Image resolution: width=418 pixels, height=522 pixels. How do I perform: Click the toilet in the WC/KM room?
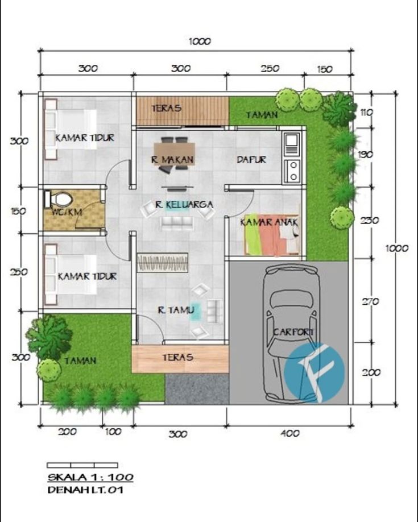point(59,200)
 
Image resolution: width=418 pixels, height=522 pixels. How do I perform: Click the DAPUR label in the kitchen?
point(251,160)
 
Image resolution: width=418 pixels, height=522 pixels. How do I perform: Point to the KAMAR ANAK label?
point(269,222)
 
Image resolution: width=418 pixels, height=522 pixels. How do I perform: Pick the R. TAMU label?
point(176,310)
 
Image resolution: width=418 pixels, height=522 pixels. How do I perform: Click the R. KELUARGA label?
point(184,204)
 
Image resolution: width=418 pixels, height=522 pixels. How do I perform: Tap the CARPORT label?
point(293,332)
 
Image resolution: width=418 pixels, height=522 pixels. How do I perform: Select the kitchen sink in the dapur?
point(291,144)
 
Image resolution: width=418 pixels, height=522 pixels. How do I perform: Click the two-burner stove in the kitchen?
point(292,171)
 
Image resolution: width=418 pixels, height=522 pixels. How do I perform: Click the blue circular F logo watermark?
point(315,372)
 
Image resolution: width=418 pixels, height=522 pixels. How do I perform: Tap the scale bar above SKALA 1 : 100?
point(82,465)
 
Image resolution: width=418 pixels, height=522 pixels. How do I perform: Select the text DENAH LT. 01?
point(85,490)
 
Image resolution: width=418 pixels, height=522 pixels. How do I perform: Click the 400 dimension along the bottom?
point(290,433)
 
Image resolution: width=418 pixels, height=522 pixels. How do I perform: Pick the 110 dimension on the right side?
point(366,113)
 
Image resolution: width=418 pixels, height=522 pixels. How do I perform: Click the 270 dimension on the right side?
point(370,301)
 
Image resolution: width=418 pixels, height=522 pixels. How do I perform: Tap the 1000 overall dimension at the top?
point(200,42)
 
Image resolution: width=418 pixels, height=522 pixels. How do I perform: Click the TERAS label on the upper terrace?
point(166,108)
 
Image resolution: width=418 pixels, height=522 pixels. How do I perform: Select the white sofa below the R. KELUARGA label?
point(176,223)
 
